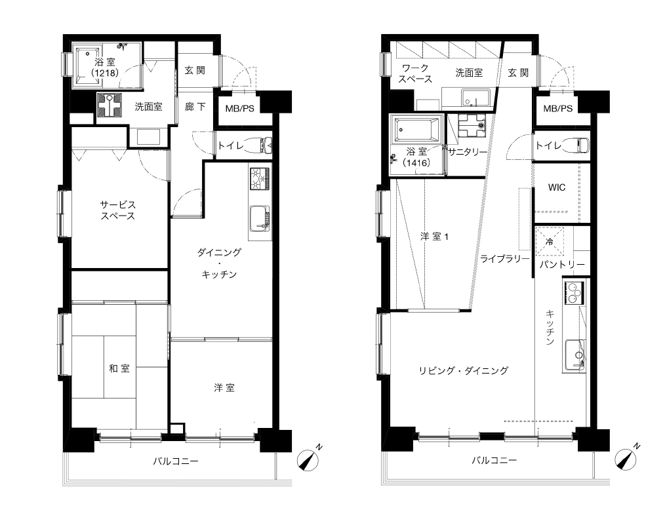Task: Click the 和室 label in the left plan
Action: click(x=119, y=368)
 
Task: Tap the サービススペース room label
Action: click(x=118, y=210)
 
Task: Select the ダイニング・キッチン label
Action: click(x=219, y=263)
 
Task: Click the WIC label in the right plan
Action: click(x=556, y=187)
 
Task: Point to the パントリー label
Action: click(x=562, y=265)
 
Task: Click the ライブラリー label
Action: click(x=505, y=259)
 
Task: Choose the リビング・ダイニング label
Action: click(x=463, y=370)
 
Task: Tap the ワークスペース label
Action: click(x=415, y=73)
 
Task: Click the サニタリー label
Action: click(x=468, y=152)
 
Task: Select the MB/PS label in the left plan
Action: click(x=239, y=109)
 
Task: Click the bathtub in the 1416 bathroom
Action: click(x=416, y=130)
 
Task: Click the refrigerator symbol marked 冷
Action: click(x=550, y=242)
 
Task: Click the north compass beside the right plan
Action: click(x=627, y=457)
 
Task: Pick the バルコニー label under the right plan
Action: click(x=494, y=460)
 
